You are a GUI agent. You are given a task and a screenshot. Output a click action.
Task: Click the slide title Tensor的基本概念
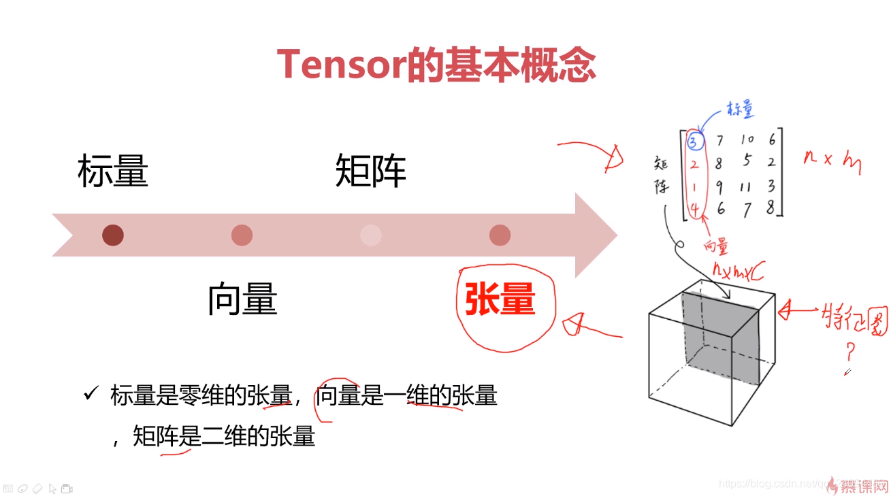(x=436, y=65)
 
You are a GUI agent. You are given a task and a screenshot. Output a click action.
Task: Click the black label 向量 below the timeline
(x=242, y=299)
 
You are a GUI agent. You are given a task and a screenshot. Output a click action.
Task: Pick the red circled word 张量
(x=500, y=299)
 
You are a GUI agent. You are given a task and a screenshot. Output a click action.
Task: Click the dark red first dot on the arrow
(x=112, y=235)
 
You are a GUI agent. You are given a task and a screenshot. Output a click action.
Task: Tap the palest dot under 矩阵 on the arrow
(x=370, y=235)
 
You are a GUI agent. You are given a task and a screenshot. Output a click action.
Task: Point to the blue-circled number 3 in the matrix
(x=693, y=142)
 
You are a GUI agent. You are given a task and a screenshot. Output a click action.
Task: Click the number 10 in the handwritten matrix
(x=747, y=140)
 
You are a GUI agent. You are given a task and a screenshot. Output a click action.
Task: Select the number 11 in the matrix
(x=747, y=186)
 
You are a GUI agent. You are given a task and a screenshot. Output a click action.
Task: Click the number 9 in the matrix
(x=720, y=186)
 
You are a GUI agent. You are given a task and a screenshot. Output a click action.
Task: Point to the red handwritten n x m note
(x=831, y=161)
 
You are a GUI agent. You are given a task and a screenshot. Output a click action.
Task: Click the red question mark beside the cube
(x=850, y=352)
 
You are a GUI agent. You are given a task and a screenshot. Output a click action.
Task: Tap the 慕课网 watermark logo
(x=862, y=485)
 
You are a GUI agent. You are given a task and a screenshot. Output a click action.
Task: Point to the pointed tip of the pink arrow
(x=615, y=235)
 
